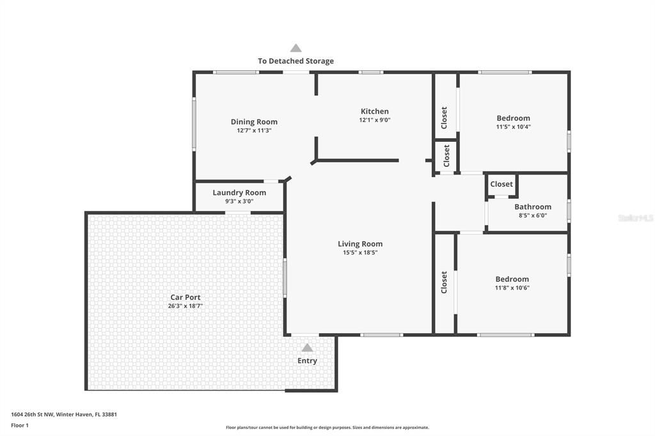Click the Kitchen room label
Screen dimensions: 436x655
(x=374, y=111)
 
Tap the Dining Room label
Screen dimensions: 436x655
(x=254, y=121)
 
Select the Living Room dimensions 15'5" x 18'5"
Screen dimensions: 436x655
(x=360, y=253)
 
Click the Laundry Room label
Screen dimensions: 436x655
(x=239, y=192)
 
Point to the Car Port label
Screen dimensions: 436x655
(x=185, y=297)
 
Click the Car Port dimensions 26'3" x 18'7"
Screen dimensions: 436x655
(x=185, y=306)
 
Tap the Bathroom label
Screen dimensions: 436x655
(x=533, y=206)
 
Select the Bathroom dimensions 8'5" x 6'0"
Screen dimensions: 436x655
(x=533, y=215)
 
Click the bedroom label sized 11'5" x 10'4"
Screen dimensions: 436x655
(x=513, y=118)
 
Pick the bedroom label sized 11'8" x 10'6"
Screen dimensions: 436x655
(x=512, y=279)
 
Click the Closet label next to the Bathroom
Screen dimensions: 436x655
(x=501, y=184)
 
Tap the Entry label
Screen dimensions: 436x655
(x=307, y=361)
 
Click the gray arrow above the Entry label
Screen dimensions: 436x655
(x=307, y=348)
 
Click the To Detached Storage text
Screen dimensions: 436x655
(x=296, y=61)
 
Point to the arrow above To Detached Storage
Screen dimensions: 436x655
(x=296, y=48)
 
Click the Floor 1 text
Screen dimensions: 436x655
(x=20, y=424)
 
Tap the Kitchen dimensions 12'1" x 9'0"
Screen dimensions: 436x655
(x=374, y=120)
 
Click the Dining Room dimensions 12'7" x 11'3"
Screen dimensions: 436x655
(x=254, y=130)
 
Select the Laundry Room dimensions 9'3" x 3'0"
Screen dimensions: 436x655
(x=239, y=201)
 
